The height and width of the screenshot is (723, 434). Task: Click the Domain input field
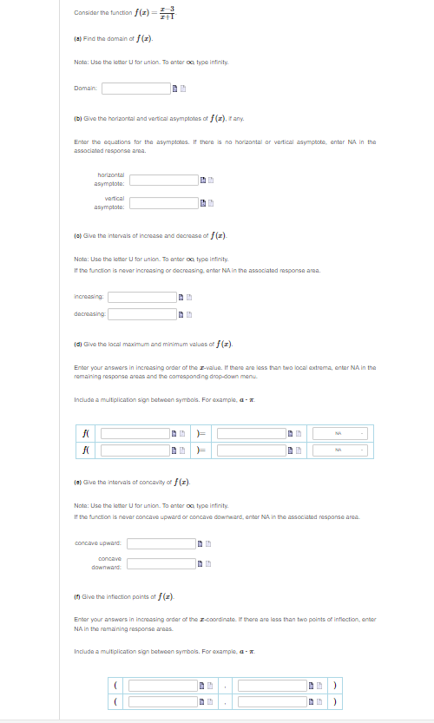tap(135, 88)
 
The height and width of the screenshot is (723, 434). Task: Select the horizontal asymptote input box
tap(164, 181)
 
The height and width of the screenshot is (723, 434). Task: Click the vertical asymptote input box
tap(164, 202)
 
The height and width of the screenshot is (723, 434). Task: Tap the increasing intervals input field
tap(141, 297)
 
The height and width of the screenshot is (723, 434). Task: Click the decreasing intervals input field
tap(141, 313)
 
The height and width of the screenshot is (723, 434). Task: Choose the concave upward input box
tap(161, 544)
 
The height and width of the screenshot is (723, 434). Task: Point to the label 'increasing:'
tap(89, 297)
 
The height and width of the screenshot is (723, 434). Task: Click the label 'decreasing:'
tap(89, 313)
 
